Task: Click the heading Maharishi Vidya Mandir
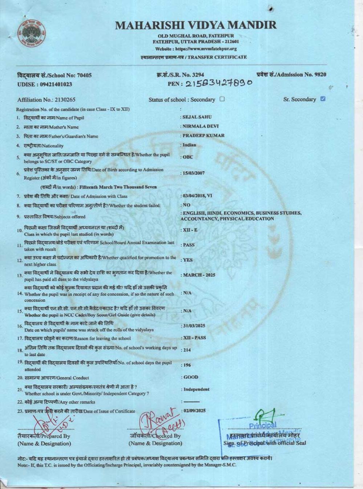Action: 196,25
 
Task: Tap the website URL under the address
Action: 196,49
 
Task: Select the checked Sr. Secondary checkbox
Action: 323,99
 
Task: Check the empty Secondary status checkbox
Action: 222,99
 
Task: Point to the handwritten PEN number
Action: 219,84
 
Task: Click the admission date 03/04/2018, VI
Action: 197,196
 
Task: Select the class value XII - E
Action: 190,230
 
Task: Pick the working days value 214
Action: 187,350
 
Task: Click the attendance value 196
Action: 187,365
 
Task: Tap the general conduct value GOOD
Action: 191,377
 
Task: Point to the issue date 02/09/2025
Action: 195,411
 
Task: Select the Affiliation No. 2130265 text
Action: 46,100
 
